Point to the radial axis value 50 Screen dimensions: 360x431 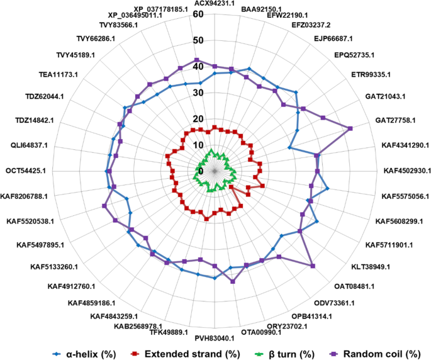199,41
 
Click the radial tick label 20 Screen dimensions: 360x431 199,119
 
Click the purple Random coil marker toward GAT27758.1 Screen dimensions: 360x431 350,128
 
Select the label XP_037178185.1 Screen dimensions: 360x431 165,9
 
